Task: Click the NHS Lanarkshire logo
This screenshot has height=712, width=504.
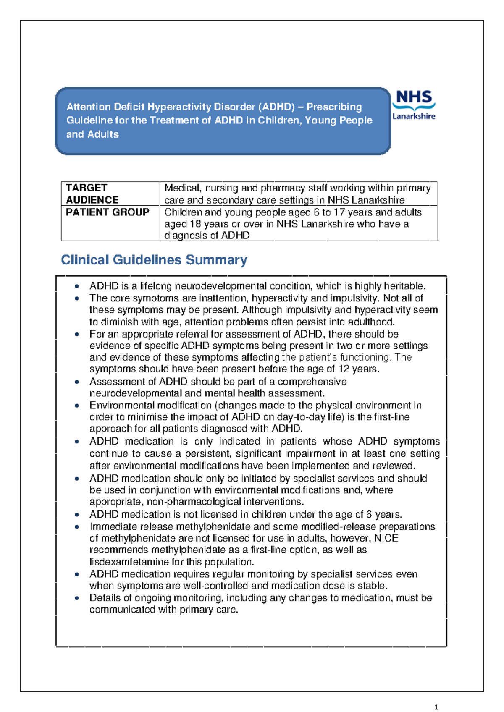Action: (x=414, y=105)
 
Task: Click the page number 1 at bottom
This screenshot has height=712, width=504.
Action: (x=436, y=707)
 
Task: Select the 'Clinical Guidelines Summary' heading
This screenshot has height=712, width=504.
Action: (x=154, y=260)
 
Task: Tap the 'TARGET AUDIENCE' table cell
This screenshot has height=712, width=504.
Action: (x=92, y=194)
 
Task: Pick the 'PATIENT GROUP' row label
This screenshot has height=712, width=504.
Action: (x=108, y=212)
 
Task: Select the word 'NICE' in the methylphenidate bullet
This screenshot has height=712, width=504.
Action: (x=386, y=538)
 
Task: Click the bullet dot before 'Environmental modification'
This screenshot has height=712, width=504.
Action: (x=77, y=406)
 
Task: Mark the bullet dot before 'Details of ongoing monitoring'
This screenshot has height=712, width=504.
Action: (x=77, y=598)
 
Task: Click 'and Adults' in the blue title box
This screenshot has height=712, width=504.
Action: (x=93, y=134)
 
